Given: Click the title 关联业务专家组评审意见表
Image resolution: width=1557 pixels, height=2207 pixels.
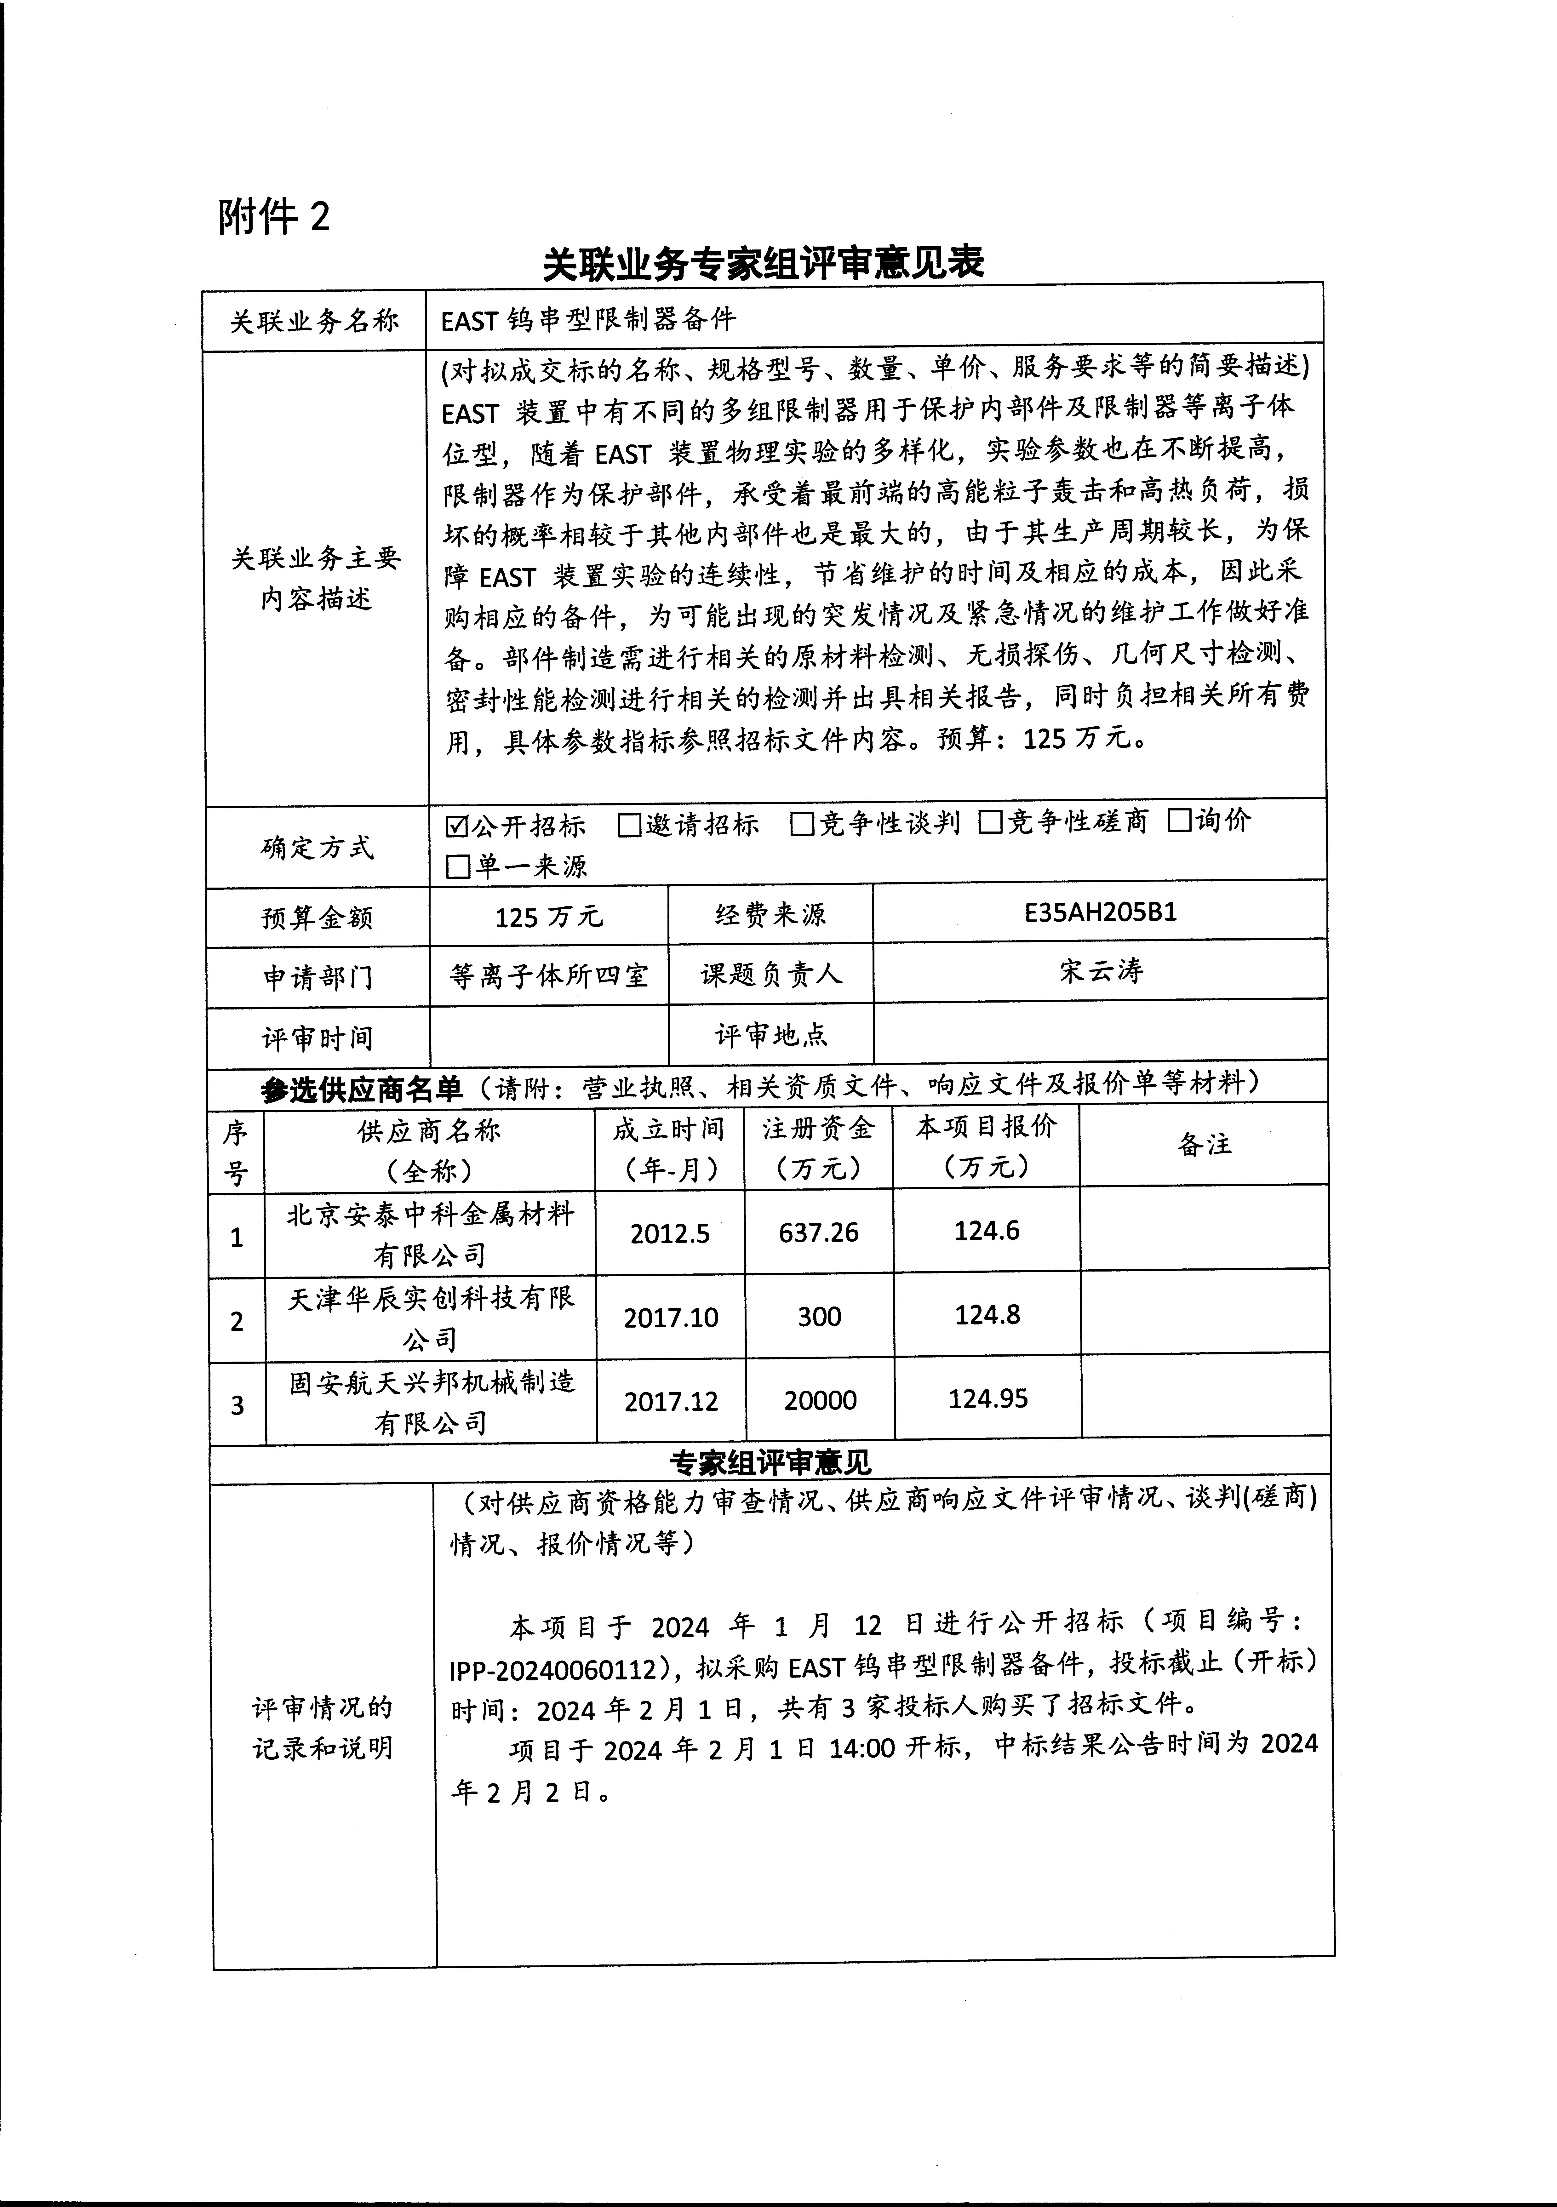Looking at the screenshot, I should [764, 262].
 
